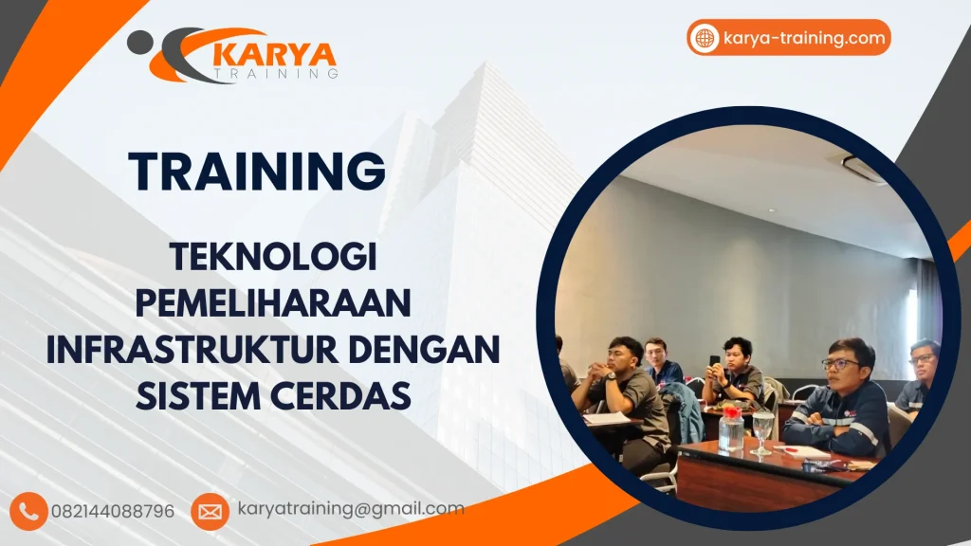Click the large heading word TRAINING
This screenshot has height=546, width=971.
(x=257, y=172)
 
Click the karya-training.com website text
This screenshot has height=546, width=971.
(x=803, y=38)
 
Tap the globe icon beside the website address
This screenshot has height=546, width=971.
(x=705, y=38)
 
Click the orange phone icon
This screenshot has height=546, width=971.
(x=30, y=511)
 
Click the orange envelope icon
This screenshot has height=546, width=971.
(x=210, y=512)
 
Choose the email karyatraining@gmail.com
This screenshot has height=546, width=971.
(x=351, y=509)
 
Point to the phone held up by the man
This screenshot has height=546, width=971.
(x=714, y=361)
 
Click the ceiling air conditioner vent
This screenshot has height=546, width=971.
(x=863, y=169)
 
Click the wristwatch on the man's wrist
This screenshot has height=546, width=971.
(x=612, y=376)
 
